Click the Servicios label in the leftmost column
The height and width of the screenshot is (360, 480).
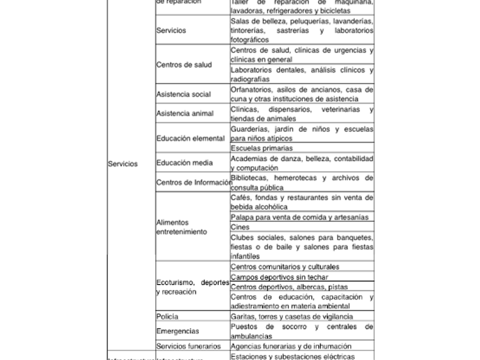[x=123, y=164]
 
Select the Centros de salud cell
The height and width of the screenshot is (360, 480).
[x=184, y=65]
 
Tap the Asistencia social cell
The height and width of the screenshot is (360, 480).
[x=184, y=94]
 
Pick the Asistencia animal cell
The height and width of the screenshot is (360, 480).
[x=185, y=114]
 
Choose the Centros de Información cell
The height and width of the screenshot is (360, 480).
[x=192, y=182]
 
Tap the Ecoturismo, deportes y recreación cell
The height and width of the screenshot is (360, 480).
[x=193, y=287]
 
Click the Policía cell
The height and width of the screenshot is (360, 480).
[x=167, y=316]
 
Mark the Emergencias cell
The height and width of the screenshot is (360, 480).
[x=178, y=331]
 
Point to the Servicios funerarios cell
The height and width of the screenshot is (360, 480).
[x=189, y=346]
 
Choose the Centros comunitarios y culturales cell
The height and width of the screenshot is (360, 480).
[x=285, y=267]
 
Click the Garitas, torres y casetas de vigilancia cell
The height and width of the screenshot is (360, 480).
[x=291, y=316]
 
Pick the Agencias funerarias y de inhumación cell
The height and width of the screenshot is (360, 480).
[x=291, y=346]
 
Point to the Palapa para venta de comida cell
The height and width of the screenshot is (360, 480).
[x=301, y=217]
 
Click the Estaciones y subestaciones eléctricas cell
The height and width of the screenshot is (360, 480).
[x=293, y=357]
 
